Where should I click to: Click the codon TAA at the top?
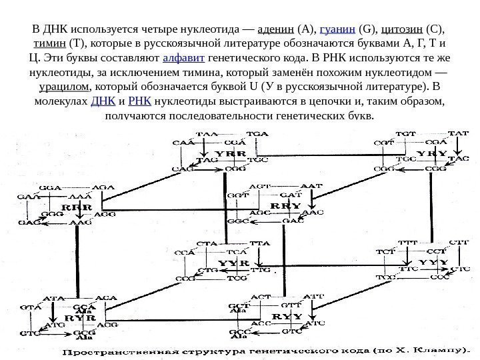[x=209, y=134]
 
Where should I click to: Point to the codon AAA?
[x=79, y=198]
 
